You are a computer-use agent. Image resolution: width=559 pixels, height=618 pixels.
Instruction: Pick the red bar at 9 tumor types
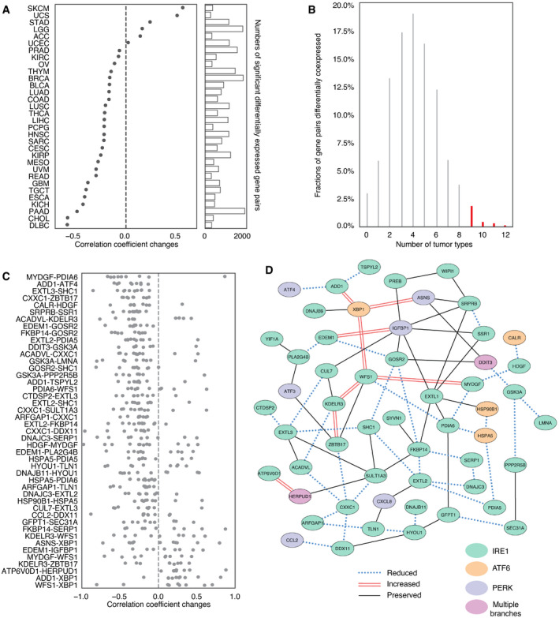[471, 216]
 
